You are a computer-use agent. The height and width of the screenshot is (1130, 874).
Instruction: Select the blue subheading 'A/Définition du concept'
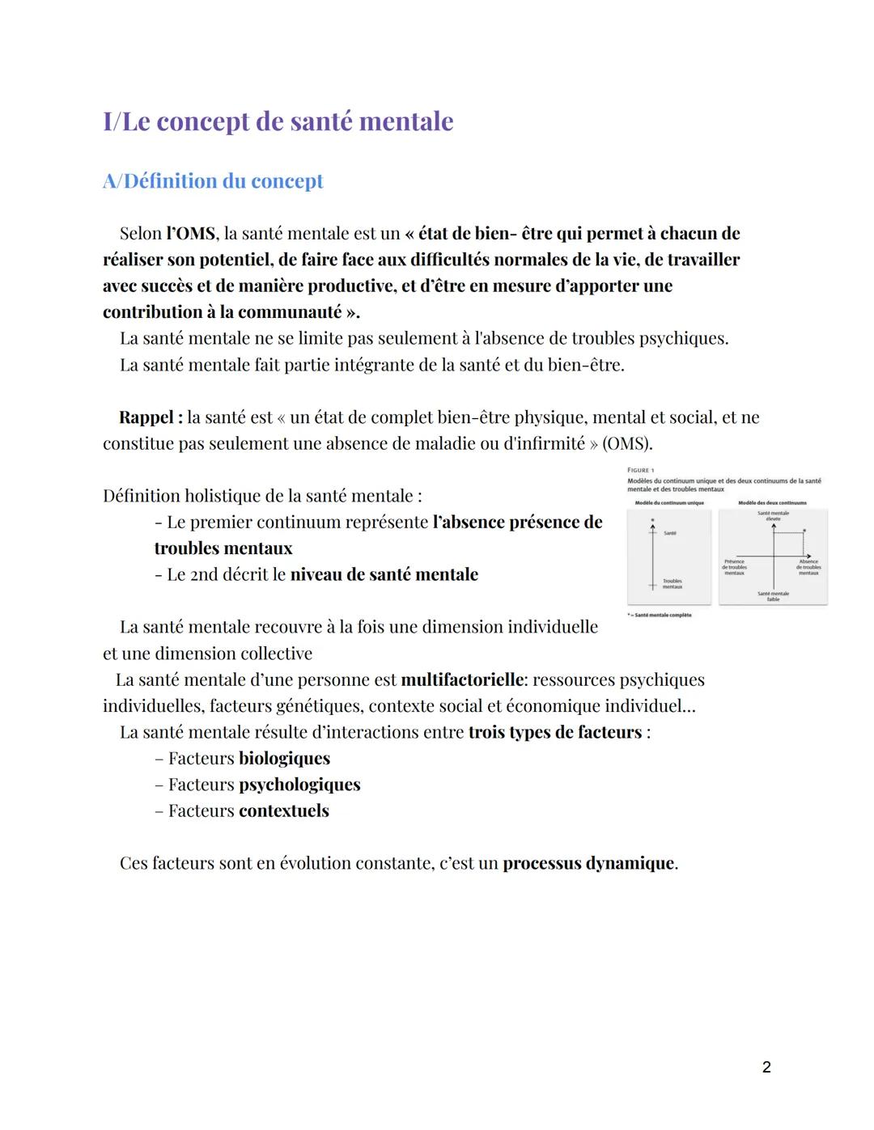click(x=213, y=181)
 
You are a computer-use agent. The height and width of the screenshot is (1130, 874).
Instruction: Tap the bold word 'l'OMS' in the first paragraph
click(x=192, y=234)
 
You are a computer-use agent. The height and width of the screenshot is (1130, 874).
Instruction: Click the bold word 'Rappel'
click(x=146, y=418)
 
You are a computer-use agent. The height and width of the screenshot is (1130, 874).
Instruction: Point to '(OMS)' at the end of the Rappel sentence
click(x=627, y=444)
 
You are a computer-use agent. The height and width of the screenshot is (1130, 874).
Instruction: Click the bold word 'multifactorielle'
click(x=462, y=680)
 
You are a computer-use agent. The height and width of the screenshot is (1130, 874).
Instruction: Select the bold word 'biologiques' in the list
click(x=284, y=759)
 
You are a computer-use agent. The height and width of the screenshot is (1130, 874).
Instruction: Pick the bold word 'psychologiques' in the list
click(x=299, y=785)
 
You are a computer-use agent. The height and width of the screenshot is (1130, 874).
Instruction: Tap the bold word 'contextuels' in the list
click(x=283, y=811)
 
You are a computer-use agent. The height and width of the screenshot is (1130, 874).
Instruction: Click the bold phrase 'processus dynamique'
click(x=588, y=864)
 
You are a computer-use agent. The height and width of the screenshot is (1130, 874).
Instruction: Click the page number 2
click(x=766, y=1068)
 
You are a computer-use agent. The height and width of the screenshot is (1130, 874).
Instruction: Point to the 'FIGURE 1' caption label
click(x=641, y=470)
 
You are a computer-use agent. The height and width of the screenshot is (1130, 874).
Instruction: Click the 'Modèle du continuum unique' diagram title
click(x=669, y=503)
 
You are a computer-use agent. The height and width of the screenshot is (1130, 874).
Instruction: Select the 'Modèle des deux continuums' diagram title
click(x=772, y=503)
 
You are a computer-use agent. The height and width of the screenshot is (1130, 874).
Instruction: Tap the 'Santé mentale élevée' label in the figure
click(x=774, y=515)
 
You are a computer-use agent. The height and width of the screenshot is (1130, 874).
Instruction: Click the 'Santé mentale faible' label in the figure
click(x=773, y=596)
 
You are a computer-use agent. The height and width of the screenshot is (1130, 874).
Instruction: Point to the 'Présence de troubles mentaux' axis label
click(x=734, y=567)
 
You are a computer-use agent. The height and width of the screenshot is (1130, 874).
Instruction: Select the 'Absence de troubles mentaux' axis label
click(x=808, y=567)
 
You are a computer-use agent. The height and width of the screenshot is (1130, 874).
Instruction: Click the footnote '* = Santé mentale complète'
click(x=660, y=616)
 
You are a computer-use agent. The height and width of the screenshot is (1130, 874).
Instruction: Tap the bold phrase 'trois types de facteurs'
click(x=554, y=733)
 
